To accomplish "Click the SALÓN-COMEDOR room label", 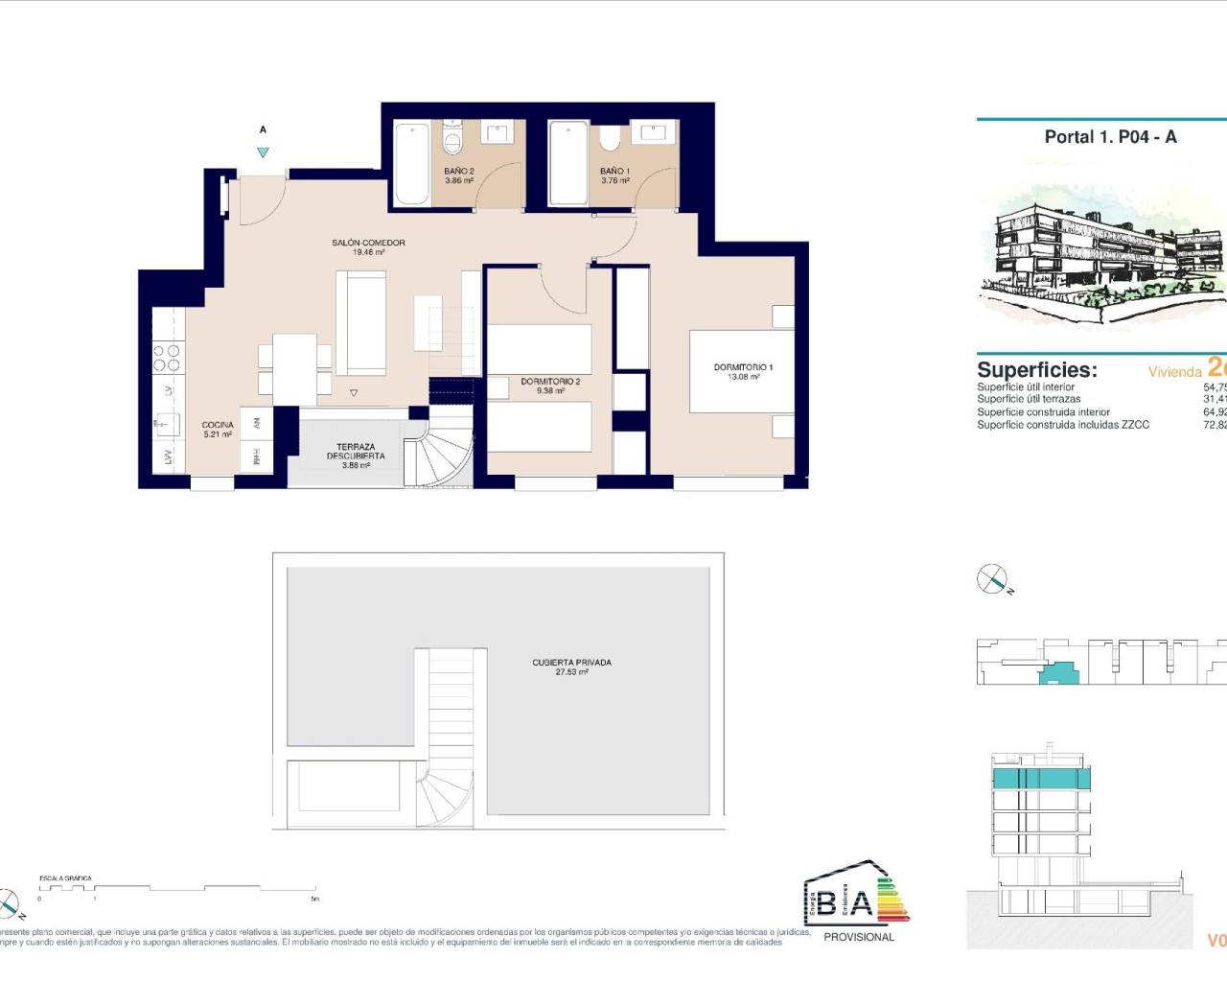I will click(x=368, y=247).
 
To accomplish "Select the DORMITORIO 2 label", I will click(x=550, y=386).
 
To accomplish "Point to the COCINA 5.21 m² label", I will click(x=218, y=430).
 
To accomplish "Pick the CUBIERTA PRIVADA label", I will click(x=571, y=666).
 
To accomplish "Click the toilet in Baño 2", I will click(x=452, y=140).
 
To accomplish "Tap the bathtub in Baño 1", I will click(x=567, y=162).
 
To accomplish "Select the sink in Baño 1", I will click(x=657, y=131).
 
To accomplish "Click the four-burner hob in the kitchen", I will click(x=166, y=357).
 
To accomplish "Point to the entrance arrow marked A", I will click(x=263, y=152).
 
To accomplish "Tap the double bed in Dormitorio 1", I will click(x=741, y=371).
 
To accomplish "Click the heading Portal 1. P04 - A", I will click(x=1110, y=137).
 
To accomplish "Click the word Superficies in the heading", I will click(x=1036, y=370).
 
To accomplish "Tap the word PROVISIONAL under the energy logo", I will click(x=858, y=937).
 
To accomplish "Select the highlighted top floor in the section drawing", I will click(x=1040, y=778).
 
